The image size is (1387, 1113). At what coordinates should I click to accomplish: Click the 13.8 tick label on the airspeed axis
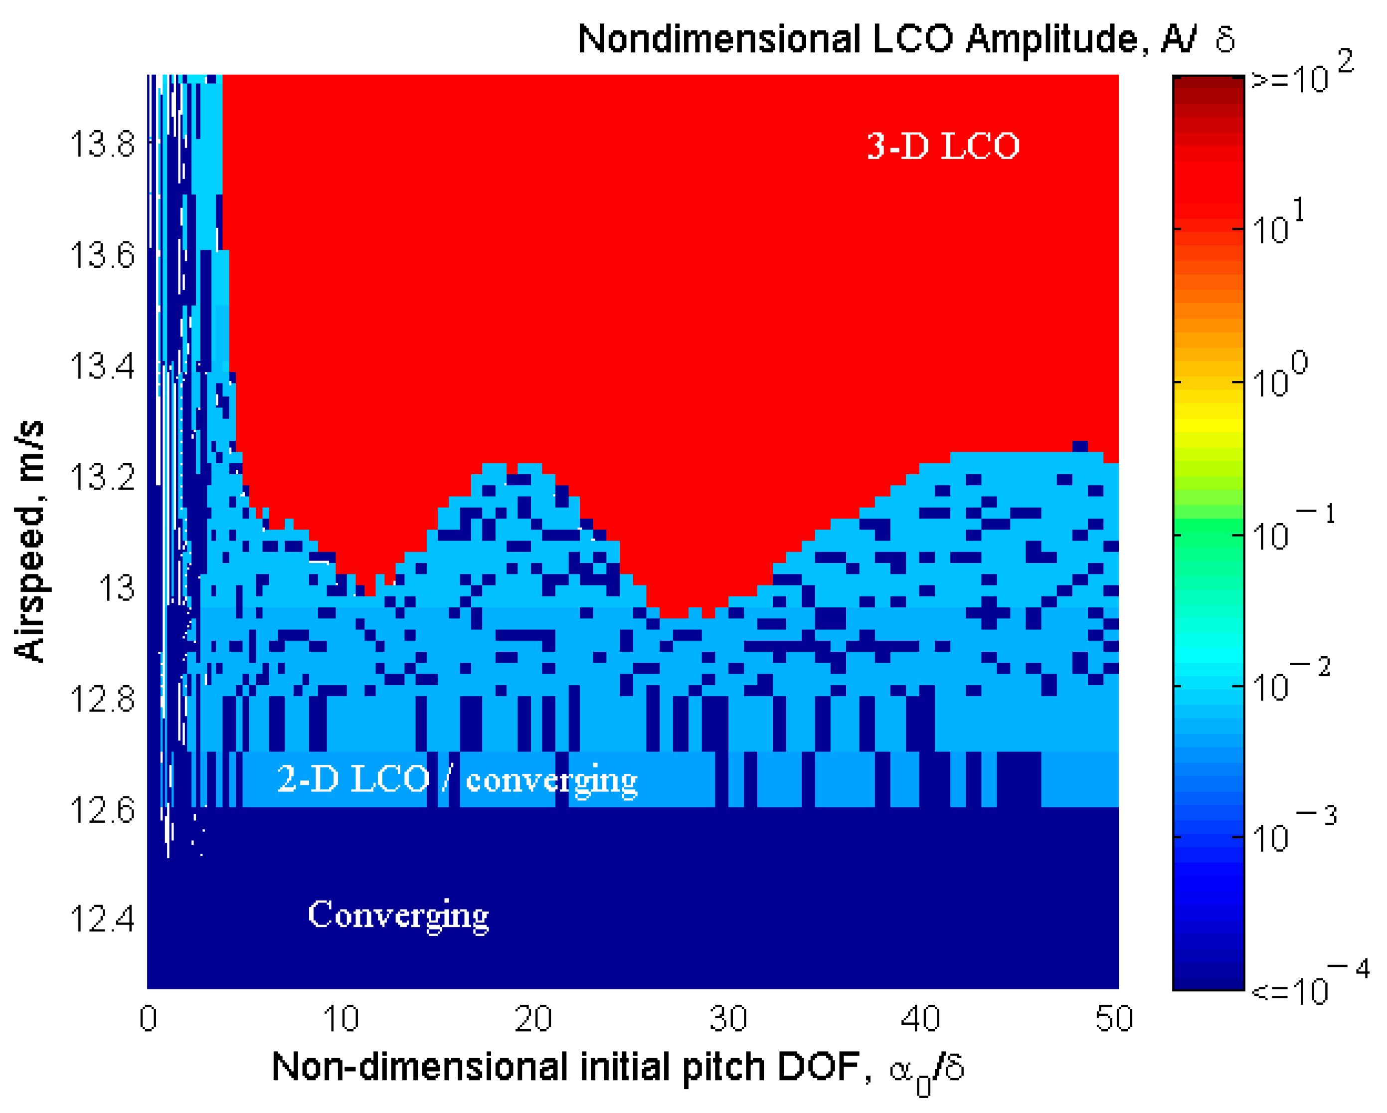[x=102, y=144]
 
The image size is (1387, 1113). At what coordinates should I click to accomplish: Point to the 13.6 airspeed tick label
[x=102, y=255]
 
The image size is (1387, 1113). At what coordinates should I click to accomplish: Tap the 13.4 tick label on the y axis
[x=102, y=367]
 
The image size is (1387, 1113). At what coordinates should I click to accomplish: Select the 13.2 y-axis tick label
[x=102, y=477]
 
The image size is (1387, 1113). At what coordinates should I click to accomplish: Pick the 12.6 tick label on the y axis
[x=102, y=810]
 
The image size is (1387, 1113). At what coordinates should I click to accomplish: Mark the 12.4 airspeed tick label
[x=102, y=919]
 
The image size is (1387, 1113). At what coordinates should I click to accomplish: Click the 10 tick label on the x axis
[x=341, y=1019]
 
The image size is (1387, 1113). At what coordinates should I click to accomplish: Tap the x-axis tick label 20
[x=533, y=1019]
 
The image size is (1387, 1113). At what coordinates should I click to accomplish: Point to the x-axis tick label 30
[x=727, y=1019]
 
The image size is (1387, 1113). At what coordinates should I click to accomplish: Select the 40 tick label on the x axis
[x=920, y=1019]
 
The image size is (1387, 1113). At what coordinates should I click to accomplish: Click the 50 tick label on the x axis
[x=1114, y=1019]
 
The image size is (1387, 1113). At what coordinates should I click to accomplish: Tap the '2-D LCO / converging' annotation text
[x=457, y=780]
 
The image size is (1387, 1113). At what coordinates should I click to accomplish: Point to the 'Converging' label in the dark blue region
[x=398, y=915]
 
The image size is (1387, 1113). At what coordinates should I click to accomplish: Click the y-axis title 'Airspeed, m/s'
[x=29, y=541]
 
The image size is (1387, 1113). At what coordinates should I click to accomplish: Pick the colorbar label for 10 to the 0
[x=1280, y=376]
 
